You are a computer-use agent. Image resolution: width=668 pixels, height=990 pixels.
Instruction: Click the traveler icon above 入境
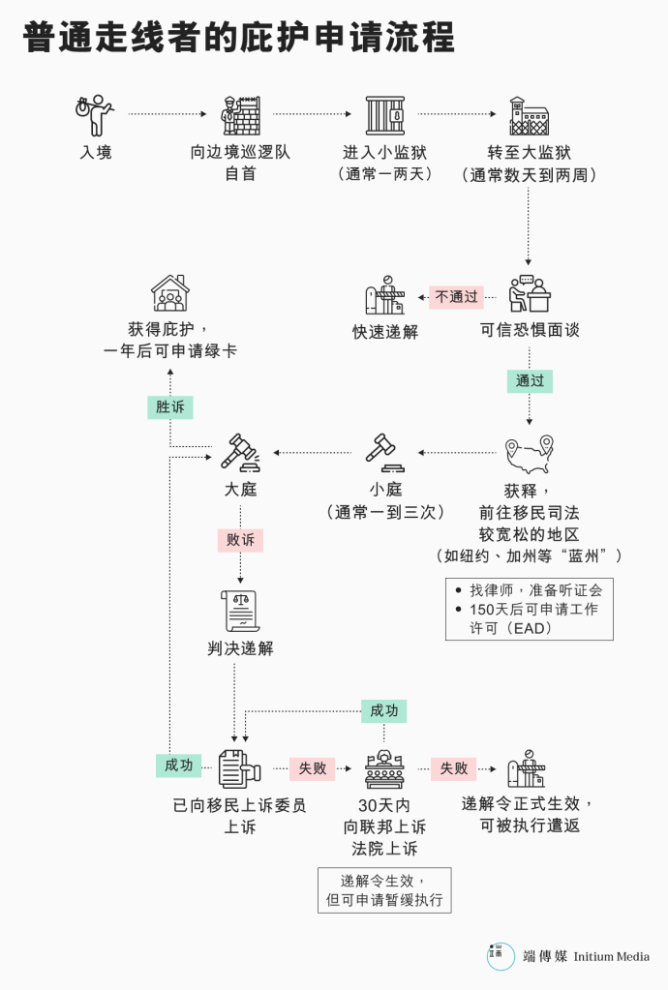click(x=95, y=115)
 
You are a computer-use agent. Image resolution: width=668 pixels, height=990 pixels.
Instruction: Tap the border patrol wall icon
click(x=240, y=115)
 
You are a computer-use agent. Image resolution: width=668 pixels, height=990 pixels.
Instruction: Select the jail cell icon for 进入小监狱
click(x=385, y=115)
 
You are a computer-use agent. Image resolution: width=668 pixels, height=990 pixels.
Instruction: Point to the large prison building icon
click(x=530, y=115)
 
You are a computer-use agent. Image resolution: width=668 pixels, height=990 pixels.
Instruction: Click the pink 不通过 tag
click(x=457, y=297)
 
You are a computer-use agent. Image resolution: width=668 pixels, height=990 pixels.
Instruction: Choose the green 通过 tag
click(x=530, y=380)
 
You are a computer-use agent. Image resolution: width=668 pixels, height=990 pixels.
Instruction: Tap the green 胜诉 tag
click(x=170, y=407)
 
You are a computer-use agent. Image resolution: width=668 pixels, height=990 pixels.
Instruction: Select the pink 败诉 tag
click(x=240, y=540)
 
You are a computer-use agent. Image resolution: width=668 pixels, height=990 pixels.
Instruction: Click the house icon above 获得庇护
click(x=170, y=293)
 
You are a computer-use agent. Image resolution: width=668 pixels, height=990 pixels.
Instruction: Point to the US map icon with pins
click(x=530, y=454)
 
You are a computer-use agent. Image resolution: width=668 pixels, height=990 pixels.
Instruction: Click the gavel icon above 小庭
click(x=385, y=452)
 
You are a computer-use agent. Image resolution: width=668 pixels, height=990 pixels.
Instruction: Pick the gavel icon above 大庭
click(x=240, y=452)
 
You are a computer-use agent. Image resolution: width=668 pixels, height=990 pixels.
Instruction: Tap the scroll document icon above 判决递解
click(x=240, y=611)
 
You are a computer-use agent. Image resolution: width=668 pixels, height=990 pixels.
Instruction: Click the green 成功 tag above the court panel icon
click(x=384, y=711)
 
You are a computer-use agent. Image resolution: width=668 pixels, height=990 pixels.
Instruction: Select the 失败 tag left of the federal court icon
click(x=313, y=768)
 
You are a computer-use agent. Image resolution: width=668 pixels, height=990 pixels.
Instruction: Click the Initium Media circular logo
click(x=501, y=956)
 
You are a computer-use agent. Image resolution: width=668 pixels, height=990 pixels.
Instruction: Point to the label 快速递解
click(x=385, y=332)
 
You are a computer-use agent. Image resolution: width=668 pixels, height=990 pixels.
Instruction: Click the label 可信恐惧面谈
click(x=530, y=330)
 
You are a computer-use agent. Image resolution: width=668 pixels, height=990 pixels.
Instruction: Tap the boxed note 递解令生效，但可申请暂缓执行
click(x=384, y=890)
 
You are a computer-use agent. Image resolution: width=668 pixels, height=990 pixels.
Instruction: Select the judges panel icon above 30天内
click(x=384, y=768)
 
